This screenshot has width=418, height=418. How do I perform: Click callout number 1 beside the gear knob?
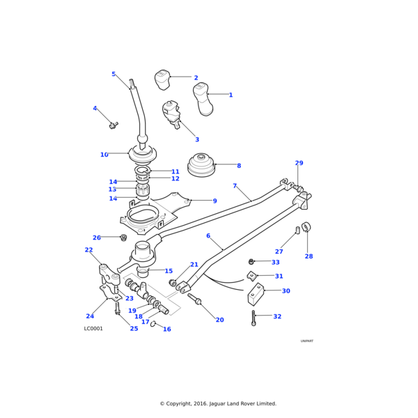click(x=231, y=95)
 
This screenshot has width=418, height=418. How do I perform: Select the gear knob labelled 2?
click(x=162, y=79)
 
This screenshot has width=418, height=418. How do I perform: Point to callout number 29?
click(x=299, y=163)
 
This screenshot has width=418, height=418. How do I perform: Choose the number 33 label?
click(x=275, y=263)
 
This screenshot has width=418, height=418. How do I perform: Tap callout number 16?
click(x=167, y=330)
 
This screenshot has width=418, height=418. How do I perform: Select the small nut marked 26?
click(x=123, y=238)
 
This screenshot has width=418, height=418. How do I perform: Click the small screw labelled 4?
click(x=112, y=125)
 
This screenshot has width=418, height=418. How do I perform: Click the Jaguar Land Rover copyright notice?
click(x=218, y=403)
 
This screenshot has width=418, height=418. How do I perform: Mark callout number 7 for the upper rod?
click(x=235, y=186)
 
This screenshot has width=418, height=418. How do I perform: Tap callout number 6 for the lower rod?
click(x=208, y=235)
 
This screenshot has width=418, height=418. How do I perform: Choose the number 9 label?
click(x=215, y=201)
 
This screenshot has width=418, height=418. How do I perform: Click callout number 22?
click(x=88, y=250)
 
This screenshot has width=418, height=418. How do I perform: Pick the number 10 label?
click(x=104, y=155)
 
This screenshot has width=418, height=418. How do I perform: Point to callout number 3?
click(x=197, y=140)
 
